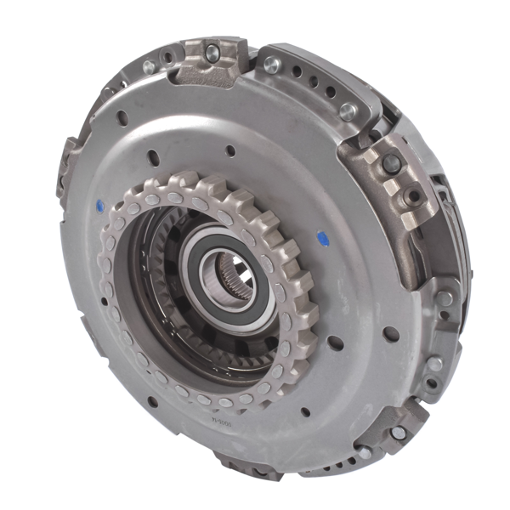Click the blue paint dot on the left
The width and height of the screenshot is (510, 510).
(x=102, y=204)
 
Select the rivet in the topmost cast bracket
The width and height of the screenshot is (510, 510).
(x=212, y=54)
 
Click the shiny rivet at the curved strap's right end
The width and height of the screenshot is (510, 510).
(x=348, y=110)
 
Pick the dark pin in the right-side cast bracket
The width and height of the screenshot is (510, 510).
(x=393, y=162)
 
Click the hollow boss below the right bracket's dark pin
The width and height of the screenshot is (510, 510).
(x=414, y=197)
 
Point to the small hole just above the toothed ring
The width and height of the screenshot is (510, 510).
(x=229, y=151)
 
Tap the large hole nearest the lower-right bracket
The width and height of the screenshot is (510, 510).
(x=391, y=333)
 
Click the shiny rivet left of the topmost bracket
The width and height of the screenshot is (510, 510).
(x=149, y=66)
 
